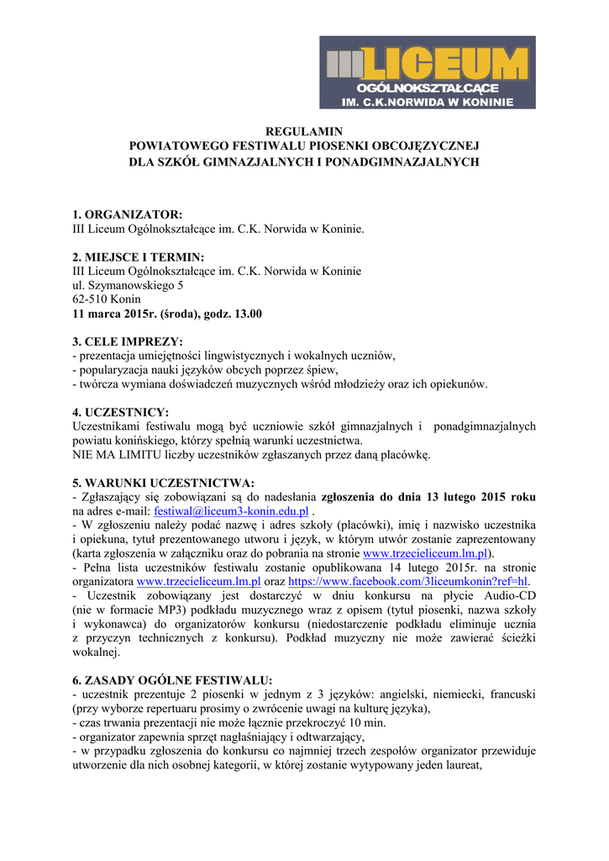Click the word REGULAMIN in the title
[304, 132]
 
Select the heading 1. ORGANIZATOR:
[128, 214]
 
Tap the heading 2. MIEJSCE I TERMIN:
[139, 256]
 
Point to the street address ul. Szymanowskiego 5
[128, 285]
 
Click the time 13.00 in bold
[246, 314]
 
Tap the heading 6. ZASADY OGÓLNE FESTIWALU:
[173, 680]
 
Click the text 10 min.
[367, 723]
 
